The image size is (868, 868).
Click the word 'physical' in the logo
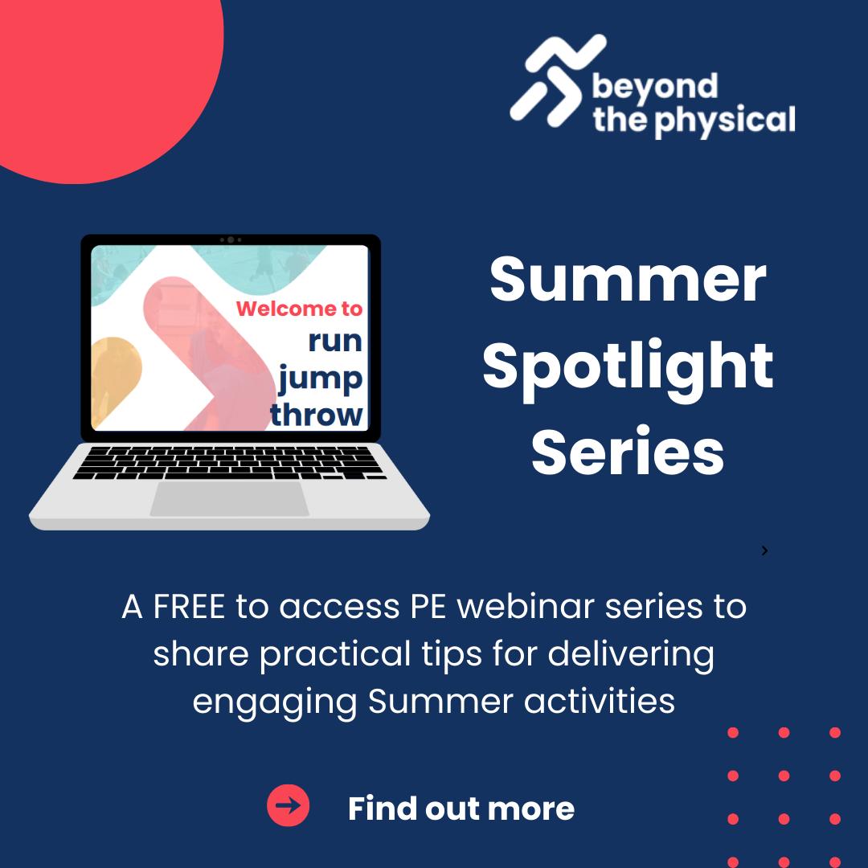pyautogui.click(x=725, y=121)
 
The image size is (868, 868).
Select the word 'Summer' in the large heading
pyautogui.click(x=628, y=280)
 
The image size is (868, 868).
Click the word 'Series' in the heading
pyautogui.click(x=628, y=452)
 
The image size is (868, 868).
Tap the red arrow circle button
pyautogui.click(x=288, y=805)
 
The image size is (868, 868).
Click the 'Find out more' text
pyautogui.click(x=461, y=809)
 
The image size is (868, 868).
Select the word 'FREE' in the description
pyautogui.click(x=189, y=607)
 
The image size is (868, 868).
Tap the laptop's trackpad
pyautogui.click(x=230, y=499)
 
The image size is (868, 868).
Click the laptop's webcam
pyautogui.click(x=231, y=240)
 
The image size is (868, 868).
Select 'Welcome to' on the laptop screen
pyautogui.click(x=299, y=309)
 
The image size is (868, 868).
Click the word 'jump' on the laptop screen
pyautogui.click(x=320, y=379)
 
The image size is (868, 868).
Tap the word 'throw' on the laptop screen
pyautogui.click(x=316, y=414)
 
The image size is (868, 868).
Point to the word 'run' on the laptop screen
pyautogui.click(x=335, y=341)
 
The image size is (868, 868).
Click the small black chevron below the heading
pyautogui.click(x=764, y=551)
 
